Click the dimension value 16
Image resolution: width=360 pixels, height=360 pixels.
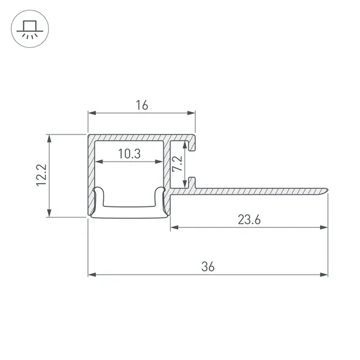pyautogui.click(x=142, y=105)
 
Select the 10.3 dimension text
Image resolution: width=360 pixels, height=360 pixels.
pyautogui.click(x=129, y=154)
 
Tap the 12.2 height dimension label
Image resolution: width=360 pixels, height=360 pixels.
pyautogui.click(x=42, y=175)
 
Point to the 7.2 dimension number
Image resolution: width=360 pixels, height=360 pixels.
pyautogui.click(x=177, y=163)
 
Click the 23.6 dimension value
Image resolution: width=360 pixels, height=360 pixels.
pyautogui.click(x=249, y=219)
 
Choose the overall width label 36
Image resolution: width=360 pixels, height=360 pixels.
pyautogui.click(x=208, y=267)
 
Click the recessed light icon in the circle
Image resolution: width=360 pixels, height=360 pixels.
pyautogui.click(x=30, y=29)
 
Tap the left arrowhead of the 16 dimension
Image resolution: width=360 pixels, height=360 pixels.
pyautogui.click(x=92, y=113)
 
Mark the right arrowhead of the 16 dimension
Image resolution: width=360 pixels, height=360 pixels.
pyautogui.click(x=191, y=113)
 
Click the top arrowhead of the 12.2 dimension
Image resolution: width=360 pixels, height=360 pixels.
pyautogui.click(x=49, y=139)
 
